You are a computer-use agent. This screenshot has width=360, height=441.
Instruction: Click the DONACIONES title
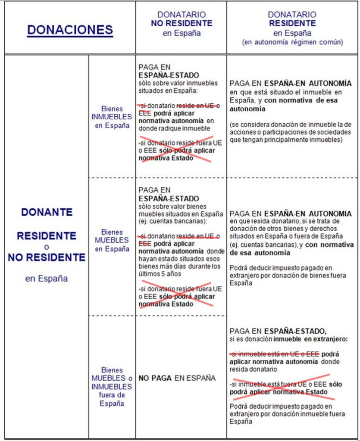coord(70,30)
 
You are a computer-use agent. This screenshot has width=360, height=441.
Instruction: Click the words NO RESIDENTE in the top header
coord(182,23)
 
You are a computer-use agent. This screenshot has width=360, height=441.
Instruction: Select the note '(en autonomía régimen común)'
coord(292,42)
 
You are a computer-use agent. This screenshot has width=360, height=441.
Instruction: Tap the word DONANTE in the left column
coord(47,212)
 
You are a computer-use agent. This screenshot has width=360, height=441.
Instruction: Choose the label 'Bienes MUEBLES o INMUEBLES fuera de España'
coord(112,387)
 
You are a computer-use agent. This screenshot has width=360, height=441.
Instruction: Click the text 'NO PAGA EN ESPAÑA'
coord(177,378)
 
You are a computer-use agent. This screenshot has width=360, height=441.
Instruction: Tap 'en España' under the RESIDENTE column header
coord(292,33)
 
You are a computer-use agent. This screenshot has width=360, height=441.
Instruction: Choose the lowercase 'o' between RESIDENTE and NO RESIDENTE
coord(47,247)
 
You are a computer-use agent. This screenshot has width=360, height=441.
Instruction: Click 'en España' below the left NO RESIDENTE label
coord(47,278)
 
